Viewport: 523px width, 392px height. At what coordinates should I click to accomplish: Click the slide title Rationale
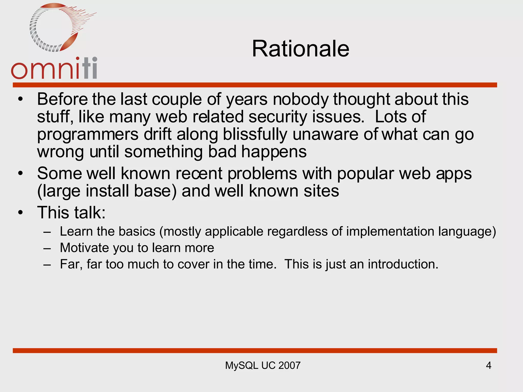click(300, 49)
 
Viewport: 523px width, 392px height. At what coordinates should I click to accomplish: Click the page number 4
click(488, 365)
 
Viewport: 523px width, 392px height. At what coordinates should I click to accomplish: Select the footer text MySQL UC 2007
click(263, 365)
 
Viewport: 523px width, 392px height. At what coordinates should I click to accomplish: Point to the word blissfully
click(255, 134)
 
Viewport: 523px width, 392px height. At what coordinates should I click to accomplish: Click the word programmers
click(88, 134)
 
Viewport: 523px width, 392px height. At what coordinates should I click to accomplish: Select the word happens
click(274, 152)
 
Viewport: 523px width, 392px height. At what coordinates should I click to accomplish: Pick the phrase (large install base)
click(107, 191)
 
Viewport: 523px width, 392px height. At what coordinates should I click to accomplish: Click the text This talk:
click(71, 213)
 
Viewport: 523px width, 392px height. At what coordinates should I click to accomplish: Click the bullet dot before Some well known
click(20, 174)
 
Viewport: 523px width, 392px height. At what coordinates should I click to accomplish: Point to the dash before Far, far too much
click(47, 264)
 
